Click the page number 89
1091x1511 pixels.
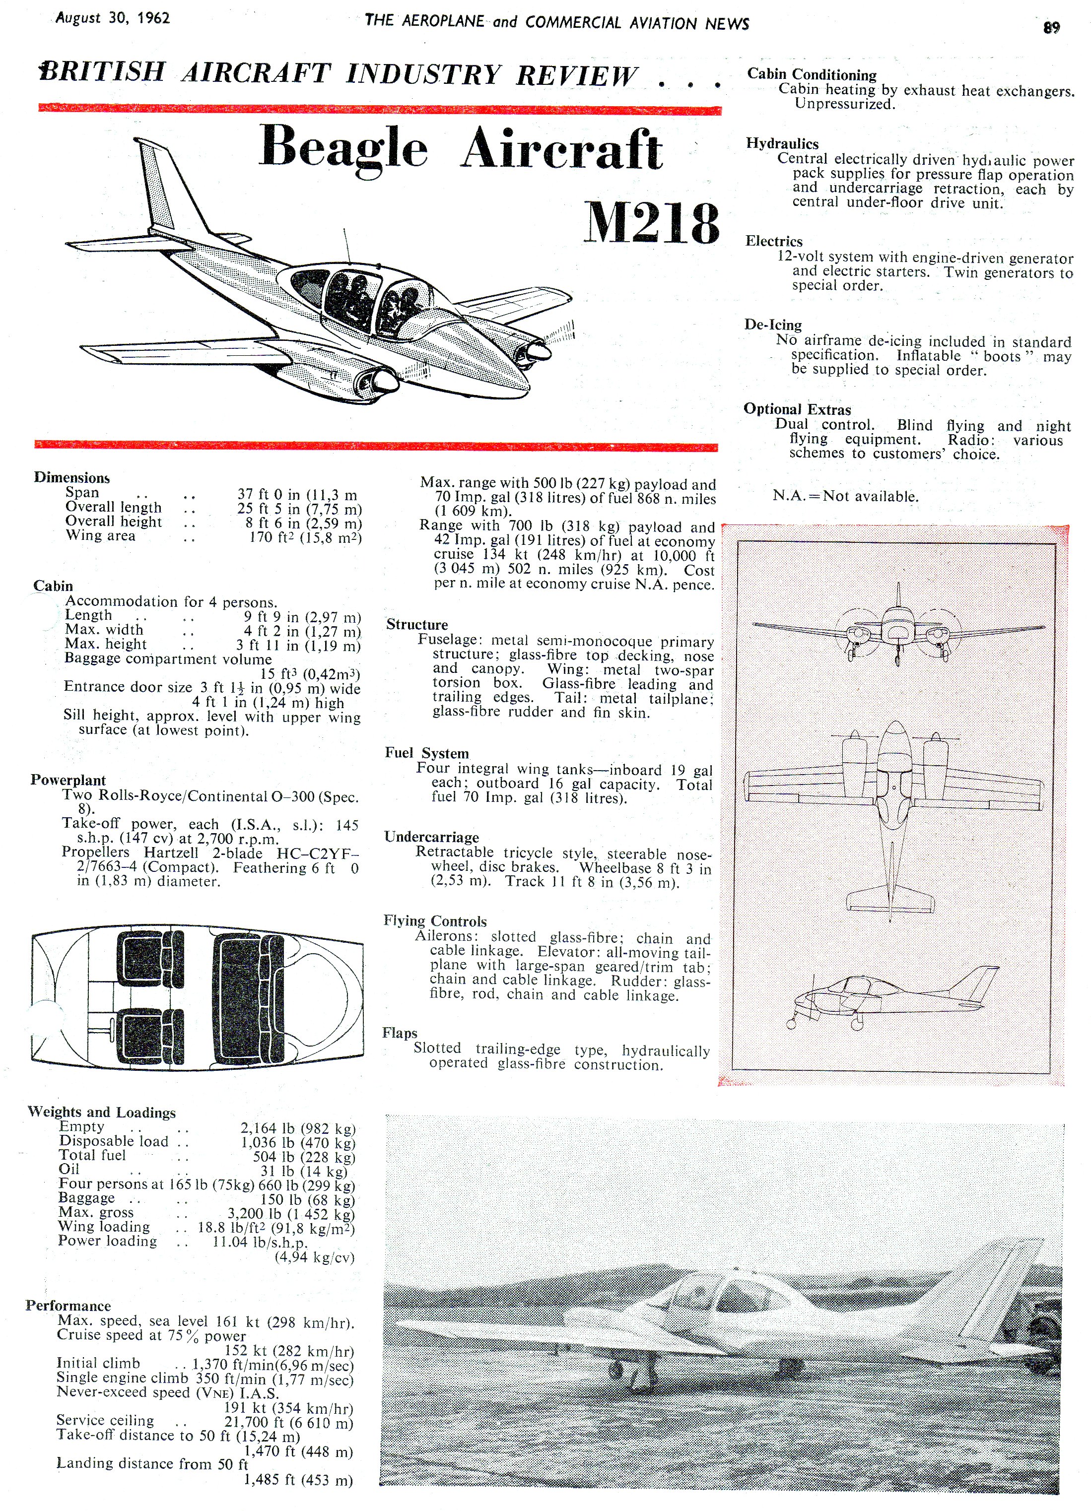1051,27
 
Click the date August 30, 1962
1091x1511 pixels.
113,18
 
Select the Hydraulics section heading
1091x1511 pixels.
782,143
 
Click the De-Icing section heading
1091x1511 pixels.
773,325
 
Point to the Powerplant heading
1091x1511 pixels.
68,780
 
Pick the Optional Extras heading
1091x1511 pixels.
797,409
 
